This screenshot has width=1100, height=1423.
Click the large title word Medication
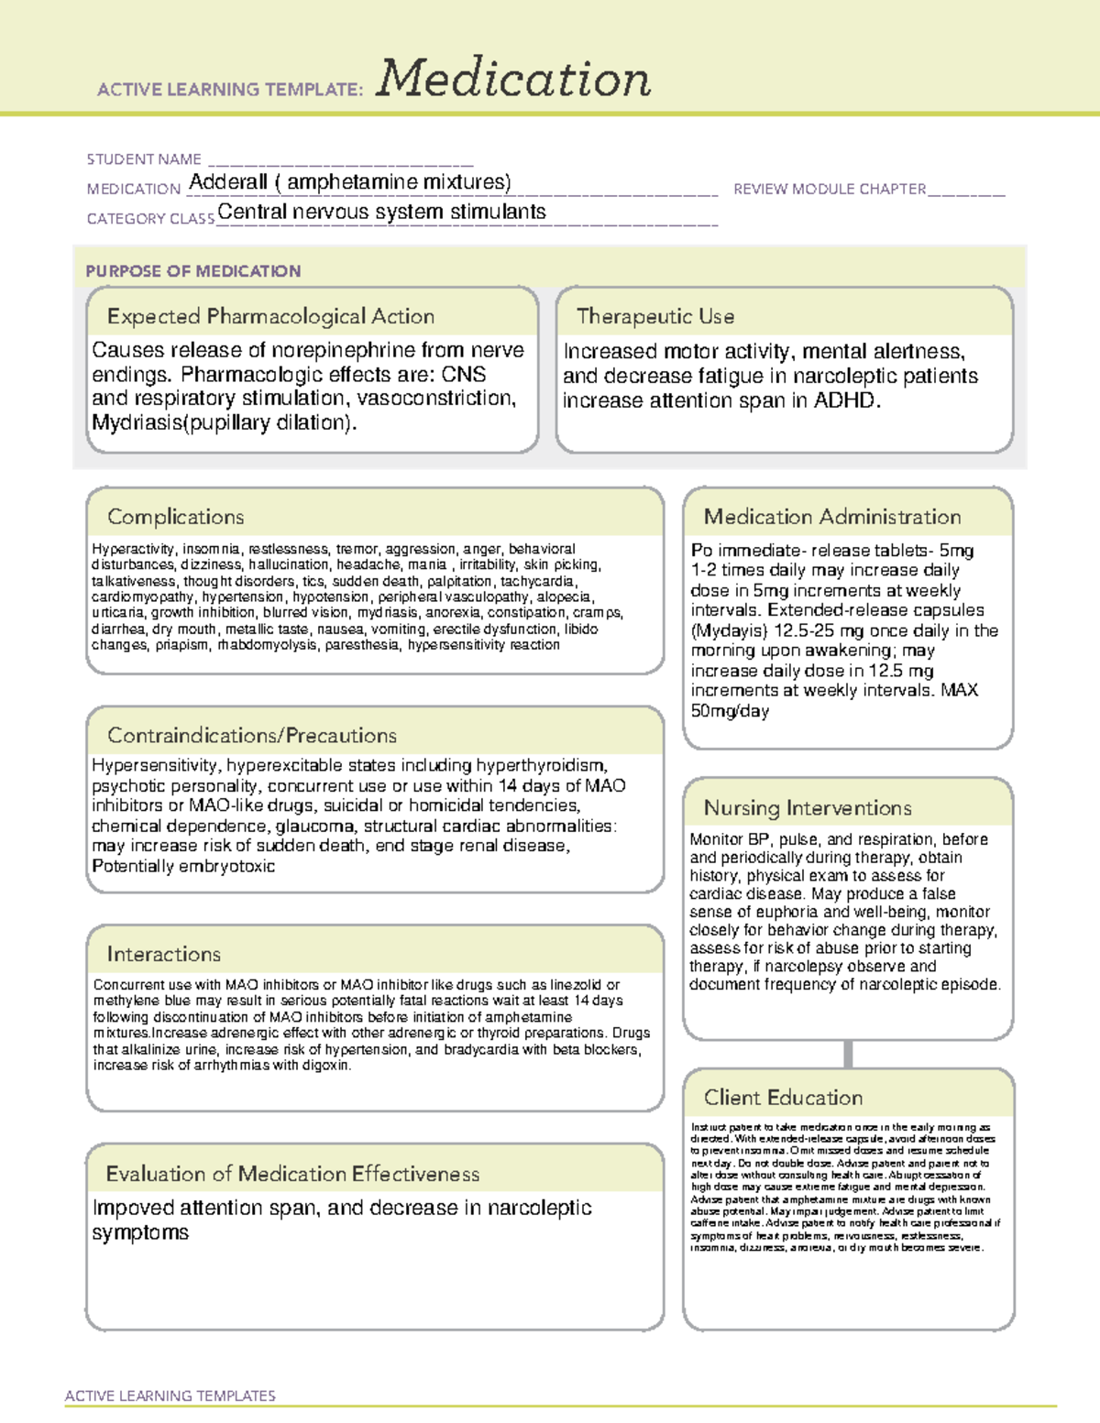click(x=513, y=79)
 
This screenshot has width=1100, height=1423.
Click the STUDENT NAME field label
click(x=144, y=159)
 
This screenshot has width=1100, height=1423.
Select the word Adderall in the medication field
click(x=228, y=182)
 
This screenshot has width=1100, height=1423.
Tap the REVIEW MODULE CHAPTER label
click(x=830, y=189)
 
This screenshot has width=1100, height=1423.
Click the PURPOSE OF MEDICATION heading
click(x=192, y=271)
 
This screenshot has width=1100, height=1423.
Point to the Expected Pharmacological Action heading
click(x=270, y=316)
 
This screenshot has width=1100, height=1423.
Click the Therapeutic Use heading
click(x=654, y=316)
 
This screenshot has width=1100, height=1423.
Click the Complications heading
click(x=175, y=517)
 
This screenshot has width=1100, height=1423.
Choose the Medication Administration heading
click(x=831, y=517)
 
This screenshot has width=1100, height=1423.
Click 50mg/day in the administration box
click(x=730, y=711)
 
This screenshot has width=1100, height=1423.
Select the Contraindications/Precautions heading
click(x=252, y=736)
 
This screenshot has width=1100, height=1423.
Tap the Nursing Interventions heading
click(x=807, y=808)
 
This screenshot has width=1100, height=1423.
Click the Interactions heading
click(x=163, y=954)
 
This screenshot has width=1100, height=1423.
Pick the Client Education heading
click(x=783, y=1098)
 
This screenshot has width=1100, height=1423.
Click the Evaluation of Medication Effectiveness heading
click(x=292, y=1174)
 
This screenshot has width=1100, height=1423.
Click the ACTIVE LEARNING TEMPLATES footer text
click(x=170, y=1396)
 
